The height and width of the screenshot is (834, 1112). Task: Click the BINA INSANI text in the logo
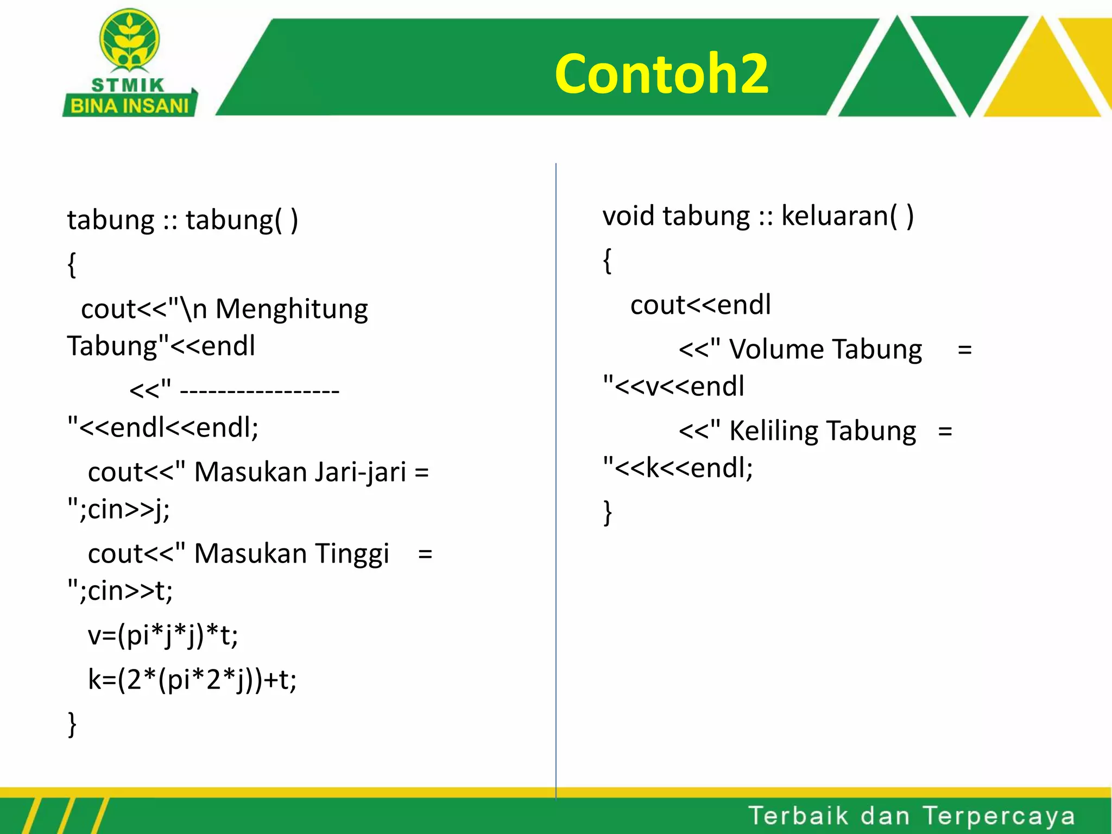pos(129,105)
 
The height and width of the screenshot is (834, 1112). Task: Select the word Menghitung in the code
pos(292,309)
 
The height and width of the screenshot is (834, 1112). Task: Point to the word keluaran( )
pos(848,216)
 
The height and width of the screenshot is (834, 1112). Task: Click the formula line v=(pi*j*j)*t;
pos(163,635)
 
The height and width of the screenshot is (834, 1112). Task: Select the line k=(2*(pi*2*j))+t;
pos(192,679)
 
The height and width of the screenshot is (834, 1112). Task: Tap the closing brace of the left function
pos(72,724)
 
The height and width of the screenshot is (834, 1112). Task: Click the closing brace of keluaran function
pos(608,512)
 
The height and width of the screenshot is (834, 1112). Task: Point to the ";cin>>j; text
pos(118,509)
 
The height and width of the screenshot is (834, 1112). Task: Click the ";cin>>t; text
pos(120,591)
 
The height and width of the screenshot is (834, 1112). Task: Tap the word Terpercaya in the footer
pos(999,816)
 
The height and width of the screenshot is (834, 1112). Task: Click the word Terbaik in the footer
pos(798,816)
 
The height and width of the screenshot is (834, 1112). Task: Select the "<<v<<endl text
pos(673,386)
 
